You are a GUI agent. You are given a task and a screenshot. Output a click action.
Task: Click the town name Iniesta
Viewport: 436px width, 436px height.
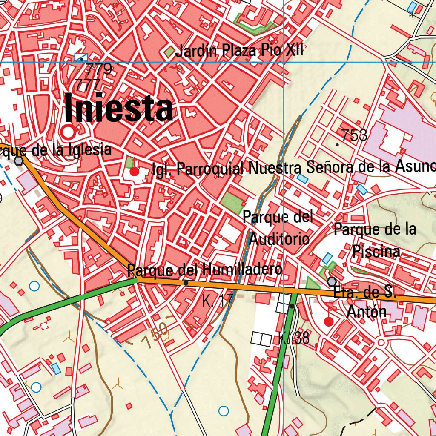(x=119, y=109)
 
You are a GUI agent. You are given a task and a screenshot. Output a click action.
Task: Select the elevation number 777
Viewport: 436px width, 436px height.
(x=87, y=84)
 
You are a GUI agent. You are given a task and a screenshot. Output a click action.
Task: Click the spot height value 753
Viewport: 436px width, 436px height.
(x=354, y=135)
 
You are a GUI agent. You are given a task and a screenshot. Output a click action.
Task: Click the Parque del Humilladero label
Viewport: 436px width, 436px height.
(x=204, y=270)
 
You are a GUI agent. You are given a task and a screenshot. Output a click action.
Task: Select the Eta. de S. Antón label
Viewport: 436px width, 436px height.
(x=365, y=302)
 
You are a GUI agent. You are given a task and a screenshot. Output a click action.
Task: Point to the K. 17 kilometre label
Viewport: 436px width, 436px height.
(x=218, y=301)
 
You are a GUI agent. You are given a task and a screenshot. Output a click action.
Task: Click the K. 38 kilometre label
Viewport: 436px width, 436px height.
(x=294, y=339)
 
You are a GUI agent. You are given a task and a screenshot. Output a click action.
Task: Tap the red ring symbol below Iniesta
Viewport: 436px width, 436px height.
(x=68, y=132)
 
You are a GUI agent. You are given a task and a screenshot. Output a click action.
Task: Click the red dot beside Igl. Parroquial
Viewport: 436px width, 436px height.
(x=135, y=172)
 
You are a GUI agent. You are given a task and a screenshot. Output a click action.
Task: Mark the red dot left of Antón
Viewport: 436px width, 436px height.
(x=328, y=321)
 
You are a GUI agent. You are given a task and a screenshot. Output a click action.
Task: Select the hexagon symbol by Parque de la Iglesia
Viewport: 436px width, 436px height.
(x=18, y=161)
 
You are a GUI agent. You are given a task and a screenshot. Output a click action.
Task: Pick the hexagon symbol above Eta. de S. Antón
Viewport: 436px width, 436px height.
(x=332, y=282)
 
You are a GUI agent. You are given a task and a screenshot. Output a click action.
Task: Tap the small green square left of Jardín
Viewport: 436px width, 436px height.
(x=169, y=52)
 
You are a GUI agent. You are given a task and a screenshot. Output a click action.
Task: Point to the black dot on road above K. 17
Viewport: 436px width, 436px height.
(x=186, y=283)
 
